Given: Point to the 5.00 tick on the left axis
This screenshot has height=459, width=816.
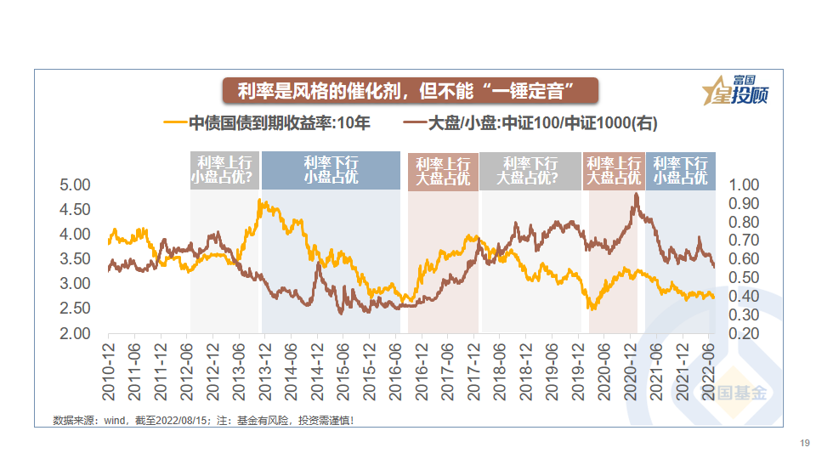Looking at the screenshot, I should (x=75, y=185).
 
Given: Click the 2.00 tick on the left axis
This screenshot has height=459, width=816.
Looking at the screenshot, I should (x=75, y=333).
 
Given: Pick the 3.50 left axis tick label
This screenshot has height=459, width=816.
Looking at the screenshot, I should (x=75, y=259).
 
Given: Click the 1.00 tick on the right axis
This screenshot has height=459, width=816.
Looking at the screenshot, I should (x=745, y=185).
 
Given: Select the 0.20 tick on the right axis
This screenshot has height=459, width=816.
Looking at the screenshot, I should (x=745, y=333).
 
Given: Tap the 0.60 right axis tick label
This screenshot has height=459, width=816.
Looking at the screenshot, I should (x=745, y=259).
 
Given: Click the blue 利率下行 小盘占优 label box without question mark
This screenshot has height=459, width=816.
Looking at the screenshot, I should (x=331, y=170).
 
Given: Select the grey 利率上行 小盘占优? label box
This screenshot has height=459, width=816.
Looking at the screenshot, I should (x=224, y=170).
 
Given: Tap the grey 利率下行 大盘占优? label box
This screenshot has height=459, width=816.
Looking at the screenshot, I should (x=530, y=170).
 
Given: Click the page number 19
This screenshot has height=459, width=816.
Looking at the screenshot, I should (x=804, y=443).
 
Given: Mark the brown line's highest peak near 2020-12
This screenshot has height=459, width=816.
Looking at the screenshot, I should (x=636, y=195).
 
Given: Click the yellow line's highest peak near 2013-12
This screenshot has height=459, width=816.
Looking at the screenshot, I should (x=260, y=201).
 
